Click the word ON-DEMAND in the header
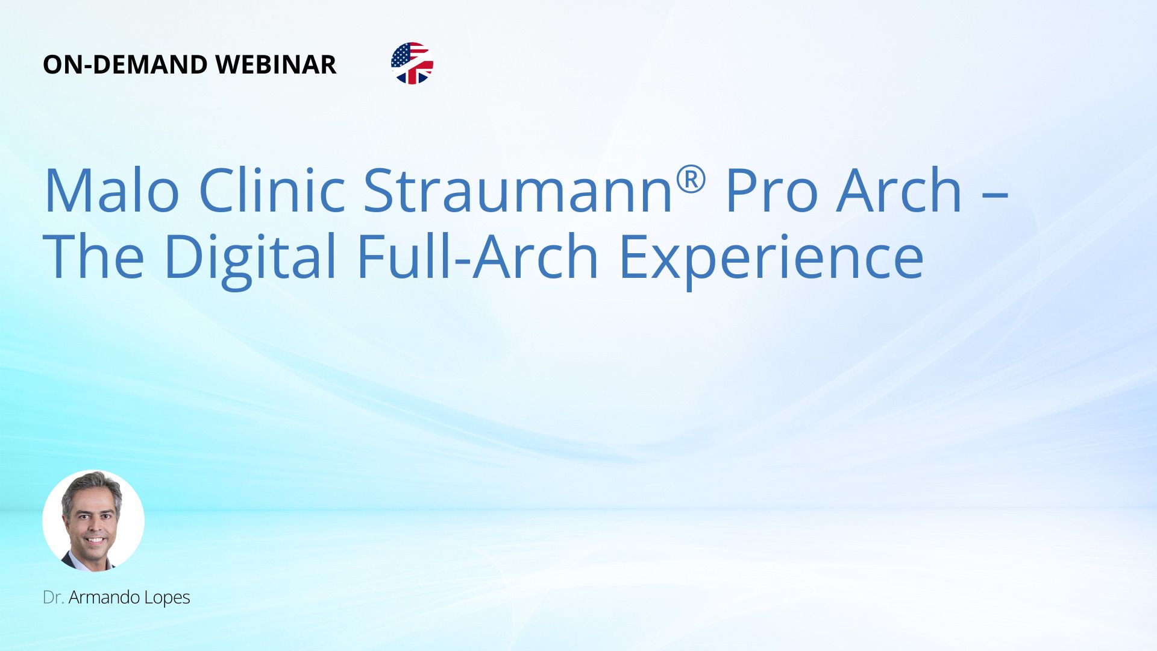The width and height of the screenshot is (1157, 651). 125,64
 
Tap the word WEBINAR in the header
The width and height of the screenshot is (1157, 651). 276,64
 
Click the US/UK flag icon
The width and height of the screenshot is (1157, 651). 412,63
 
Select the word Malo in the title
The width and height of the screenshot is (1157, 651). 111,190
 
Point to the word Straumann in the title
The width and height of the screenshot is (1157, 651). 519,190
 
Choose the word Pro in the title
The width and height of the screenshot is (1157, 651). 771,190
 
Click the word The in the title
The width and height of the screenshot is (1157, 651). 93,256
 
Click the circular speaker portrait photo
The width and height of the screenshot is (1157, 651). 93,521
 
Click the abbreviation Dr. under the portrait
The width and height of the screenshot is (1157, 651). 54,597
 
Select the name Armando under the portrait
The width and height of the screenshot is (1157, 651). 104,597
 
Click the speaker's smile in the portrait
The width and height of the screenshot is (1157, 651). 95,539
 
